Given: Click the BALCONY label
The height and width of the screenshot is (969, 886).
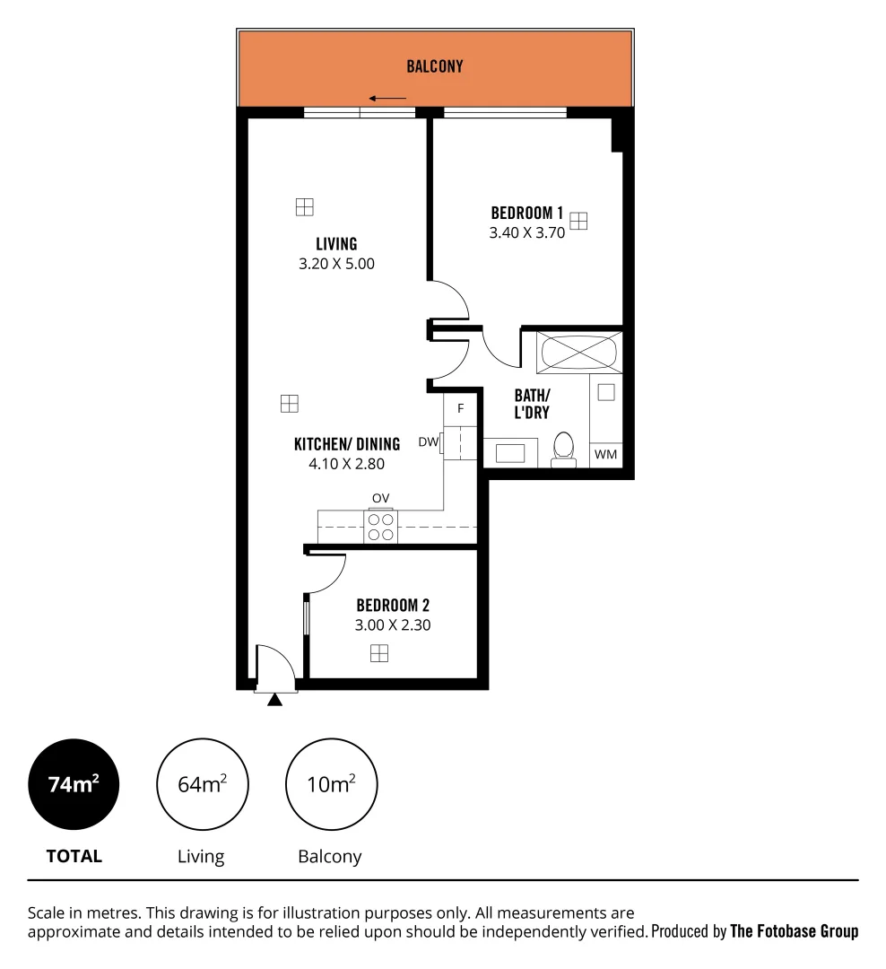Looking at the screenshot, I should click(x=435, y=66).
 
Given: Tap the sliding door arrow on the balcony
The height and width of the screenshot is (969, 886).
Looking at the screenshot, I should click(x=387, y=99).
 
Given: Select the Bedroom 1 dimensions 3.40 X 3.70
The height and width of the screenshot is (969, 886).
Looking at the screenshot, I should click(x=526, y=232).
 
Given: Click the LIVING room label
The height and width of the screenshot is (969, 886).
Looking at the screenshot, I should click(x=336, y=243).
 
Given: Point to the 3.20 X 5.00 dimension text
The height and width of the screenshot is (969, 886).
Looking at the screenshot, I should click(x=336, y=264).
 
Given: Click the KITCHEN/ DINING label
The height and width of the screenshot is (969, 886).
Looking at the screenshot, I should click(x=346, y=443).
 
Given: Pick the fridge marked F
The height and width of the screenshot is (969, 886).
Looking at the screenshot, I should click(x=460, y=409).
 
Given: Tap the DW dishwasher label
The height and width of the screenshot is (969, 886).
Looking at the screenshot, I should click(x=428, y=441).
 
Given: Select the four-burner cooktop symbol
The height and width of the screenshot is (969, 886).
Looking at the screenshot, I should click(x=381, y=527).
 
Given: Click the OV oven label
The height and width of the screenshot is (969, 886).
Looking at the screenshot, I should click(x=381, y=498).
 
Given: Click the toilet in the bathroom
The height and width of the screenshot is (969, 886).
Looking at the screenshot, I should click(x=564, y=449).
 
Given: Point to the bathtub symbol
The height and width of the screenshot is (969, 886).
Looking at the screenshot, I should click(x=578, y=352).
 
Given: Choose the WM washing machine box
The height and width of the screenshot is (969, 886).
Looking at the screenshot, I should click(x=606, y=455).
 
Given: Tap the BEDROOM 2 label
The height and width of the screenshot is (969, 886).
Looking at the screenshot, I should click(x=393, y=606).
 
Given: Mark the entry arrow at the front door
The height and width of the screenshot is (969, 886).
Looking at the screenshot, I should click(x=275, y=699).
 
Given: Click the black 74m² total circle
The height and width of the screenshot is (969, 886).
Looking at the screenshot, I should click(x=74, y=784).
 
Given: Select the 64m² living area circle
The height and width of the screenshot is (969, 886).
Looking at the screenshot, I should click(x=202, y=784).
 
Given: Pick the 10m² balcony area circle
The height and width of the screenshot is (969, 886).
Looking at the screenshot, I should click(x=331, y=784).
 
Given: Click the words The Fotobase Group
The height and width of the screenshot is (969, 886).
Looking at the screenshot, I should click(x=795, y=931).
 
